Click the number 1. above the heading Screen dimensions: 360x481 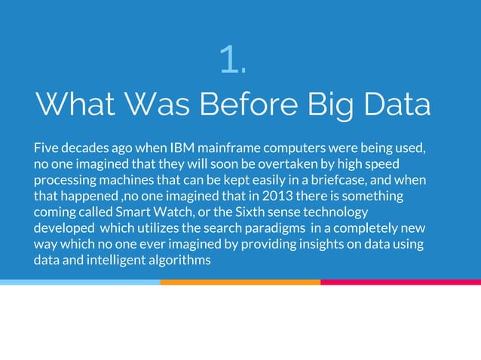click(x=232, y=59)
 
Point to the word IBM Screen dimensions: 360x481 click(x=182, y=147)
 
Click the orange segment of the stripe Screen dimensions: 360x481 click(x=240, y=282)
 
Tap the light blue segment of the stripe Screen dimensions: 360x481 click(x=80, y=282)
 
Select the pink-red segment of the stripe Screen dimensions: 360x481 click(x=400, y=282)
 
